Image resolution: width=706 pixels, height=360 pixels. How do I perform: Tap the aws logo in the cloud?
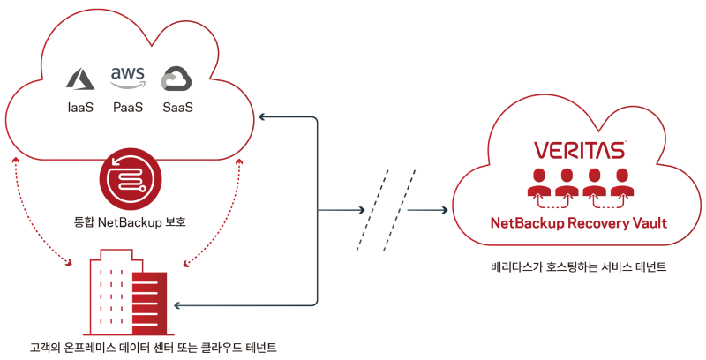coord(129,76)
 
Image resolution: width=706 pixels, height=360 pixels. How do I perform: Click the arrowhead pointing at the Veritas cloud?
coord(442,211)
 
